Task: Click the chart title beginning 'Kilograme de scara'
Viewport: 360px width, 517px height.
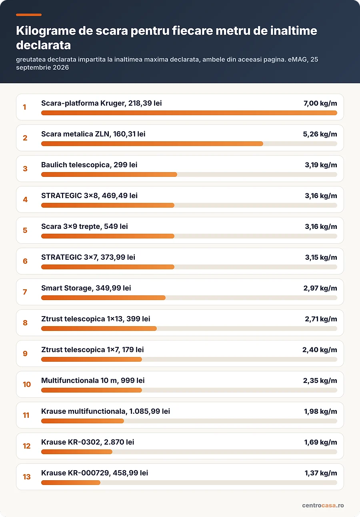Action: tap(166, 38)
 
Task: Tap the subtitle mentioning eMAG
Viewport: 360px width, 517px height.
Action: tap(167, 63)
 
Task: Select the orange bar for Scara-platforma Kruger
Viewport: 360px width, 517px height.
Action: tap(189, 113)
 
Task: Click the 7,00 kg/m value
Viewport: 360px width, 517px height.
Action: tap(320, 103)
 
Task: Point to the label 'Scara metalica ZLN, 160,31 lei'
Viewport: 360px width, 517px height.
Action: tap(93, 134)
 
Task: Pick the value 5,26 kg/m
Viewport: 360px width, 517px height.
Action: tap(320, 134)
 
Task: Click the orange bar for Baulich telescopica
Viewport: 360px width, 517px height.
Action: tap(109, 174)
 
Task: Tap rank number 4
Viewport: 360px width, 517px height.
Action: tap(25, 199)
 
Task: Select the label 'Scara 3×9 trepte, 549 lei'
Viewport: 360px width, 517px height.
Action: tap(84, 226)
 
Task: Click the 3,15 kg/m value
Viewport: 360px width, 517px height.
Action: tap(321, 257)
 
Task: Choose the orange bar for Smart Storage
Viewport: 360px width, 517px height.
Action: tap(103, 298)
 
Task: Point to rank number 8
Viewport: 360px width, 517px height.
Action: tap(25, 323)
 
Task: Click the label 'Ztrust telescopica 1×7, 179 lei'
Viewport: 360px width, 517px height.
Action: tap(92, 350)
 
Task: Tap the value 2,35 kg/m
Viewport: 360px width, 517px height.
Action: tap(320, 381)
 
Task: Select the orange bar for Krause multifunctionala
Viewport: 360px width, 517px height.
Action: tap(83, 421)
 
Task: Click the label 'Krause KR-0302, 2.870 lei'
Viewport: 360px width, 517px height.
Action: tap(88, 442)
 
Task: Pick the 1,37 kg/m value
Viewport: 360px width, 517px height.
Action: tap(321, 473)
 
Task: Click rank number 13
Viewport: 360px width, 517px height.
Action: tap(26, 477)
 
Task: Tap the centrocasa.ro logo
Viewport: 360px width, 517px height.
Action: tap(323, 505)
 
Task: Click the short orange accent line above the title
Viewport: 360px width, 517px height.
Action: tap(29, 15)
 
